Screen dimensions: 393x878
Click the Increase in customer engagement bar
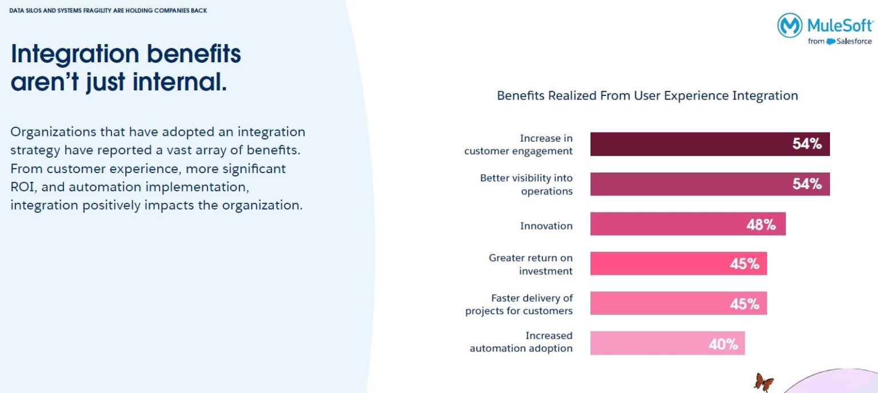[x=686, y=144]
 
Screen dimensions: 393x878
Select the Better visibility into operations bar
[x=686, y=184]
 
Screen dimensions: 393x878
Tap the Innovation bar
[x=663, y=224]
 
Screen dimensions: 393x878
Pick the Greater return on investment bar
[x=657, y=263]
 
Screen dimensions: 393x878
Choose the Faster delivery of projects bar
[x=657, y=303]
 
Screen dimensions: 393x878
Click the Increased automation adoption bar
[x=646, y=343]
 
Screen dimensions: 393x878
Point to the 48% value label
[x=761, y=224]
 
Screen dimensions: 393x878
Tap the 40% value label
[x=723, y=344]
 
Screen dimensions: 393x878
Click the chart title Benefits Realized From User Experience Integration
[x=647, y=95]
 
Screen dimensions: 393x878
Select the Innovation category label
[x=546, y=226]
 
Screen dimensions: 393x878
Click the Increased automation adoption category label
[x=521, y=342]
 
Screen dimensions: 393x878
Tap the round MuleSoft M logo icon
[x=789, y=26]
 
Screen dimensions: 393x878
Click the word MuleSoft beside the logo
[x=840, y=25]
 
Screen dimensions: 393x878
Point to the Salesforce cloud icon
[x=831, y=41]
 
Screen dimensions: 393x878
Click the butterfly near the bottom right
[x=764, y=382]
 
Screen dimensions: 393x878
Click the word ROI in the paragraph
[x=22, y=187]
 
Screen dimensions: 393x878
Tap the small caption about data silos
[x=108, y=10]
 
